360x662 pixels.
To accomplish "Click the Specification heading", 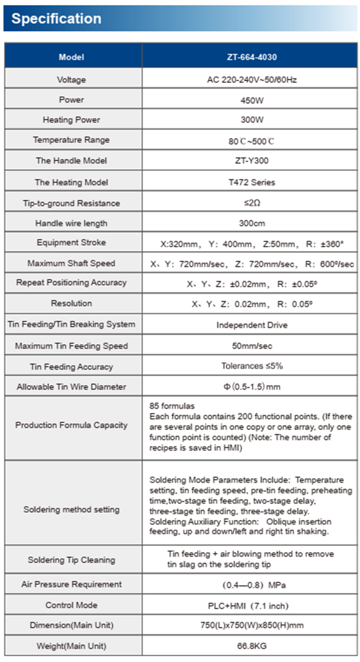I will pyautogui.click(x=56, y=19).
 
